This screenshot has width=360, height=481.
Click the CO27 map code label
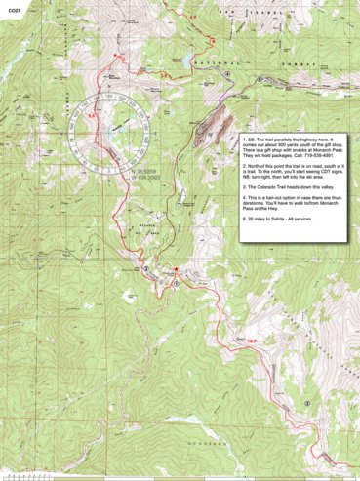click(13, 8)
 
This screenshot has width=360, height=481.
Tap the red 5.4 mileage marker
click(93, 116)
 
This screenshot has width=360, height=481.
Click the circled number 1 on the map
click(176, 285)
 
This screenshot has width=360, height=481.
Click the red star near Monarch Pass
click(176, 268)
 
